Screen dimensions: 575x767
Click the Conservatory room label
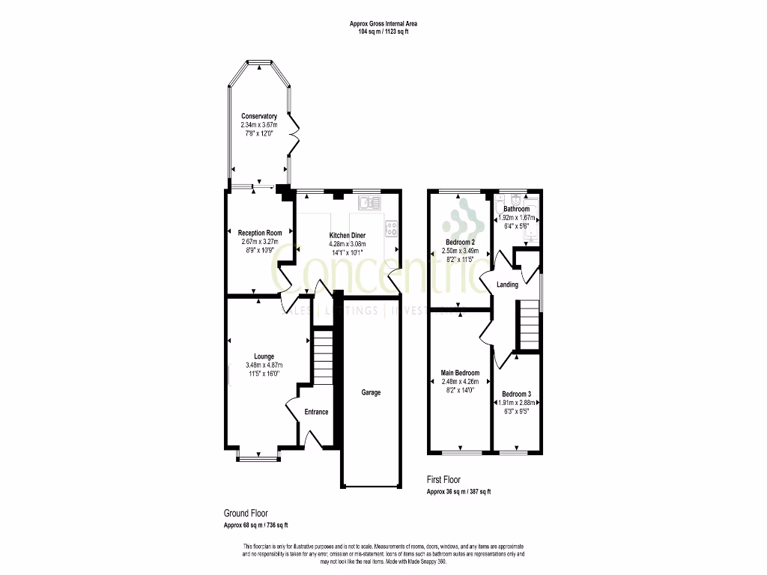[259, 116]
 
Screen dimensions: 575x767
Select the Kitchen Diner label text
[348, 236]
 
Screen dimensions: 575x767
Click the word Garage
[371, 392]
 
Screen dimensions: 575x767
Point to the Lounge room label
[264, 356]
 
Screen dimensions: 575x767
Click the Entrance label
[316, 412]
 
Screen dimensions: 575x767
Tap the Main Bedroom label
[460, 373]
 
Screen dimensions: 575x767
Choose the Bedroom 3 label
[516, 394]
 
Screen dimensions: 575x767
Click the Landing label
[507, 285]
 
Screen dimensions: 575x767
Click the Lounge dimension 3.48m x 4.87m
[264, 365]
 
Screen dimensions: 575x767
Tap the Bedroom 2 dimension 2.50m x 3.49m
[460, 251]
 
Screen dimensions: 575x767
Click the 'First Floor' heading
[443, 480]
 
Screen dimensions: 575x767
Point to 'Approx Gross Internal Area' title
[383, 24]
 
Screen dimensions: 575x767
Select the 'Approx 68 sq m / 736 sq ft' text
[255, 525]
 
